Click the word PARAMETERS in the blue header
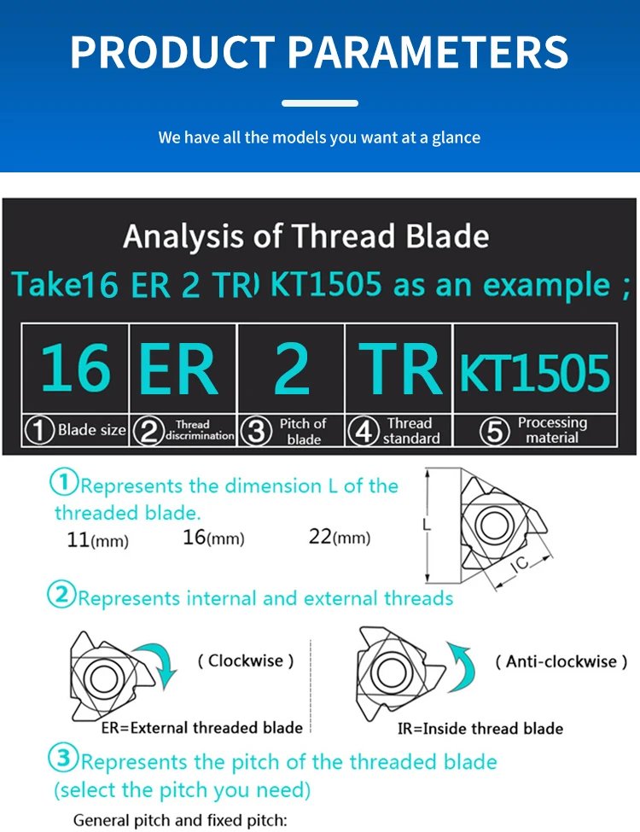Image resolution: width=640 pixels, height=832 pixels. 428,52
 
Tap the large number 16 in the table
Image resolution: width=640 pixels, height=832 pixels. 76,368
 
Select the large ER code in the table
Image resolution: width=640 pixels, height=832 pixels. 179,369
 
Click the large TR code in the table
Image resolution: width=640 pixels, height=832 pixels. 400,369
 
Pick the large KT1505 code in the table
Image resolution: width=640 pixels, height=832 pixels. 535,373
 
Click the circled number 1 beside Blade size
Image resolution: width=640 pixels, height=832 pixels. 39,430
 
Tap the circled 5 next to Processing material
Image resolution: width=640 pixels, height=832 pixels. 495,431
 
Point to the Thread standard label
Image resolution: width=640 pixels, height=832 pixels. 411,430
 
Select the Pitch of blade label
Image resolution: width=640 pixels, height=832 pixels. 303,432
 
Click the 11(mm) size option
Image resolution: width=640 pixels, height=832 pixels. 97,540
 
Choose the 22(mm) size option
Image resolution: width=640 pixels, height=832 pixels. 340,537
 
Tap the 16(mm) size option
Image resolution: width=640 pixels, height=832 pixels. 213,538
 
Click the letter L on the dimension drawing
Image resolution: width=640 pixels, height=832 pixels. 427,525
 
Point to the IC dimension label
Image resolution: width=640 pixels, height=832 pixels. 521,563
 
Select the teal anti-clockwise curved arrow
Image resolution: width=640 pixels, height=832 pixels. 461,666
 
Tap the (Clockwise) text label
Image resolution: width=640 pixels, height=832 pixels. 246,661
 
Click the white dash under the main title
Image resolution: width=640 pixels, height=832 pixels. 320,103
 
